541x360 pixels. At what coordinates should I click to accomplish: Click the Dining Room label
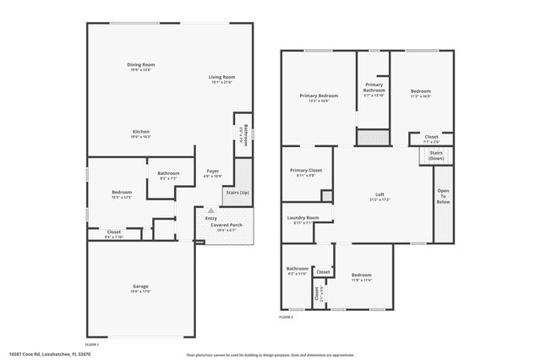pos(141,65)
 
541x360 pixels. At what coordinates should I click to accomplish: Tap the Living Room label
pos(221,79)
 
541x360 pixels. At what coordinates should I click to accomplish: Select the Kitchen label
pos(140,133)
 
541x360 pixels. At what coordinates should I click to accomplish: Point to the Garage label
pos(139,288)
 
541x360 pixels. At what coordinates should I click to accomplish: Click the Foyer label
pos(213,172)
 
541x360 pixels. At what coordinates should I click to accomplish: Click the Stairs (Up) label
pos(238,194)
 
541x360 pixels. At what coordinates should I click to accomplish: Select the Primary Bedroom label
pos(319,96)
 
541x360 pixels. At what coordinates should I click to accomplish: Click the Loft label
pos(380,196)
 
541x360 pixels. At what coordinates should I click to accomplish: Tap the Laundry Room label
pos(303,219)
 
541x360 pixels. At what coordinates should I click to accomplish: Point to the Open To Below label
pos(442,196)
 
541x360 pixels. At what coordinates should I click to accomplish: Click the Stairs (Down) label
pos(436,155)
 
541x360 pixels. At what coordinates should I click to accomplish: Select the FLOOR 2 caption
pos(286,317)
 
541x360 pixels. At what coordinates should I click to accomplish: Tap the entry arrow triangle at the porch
pos(210,210)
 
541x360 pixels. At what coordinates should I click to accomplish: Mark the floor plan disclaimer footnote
pos(271,353)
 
